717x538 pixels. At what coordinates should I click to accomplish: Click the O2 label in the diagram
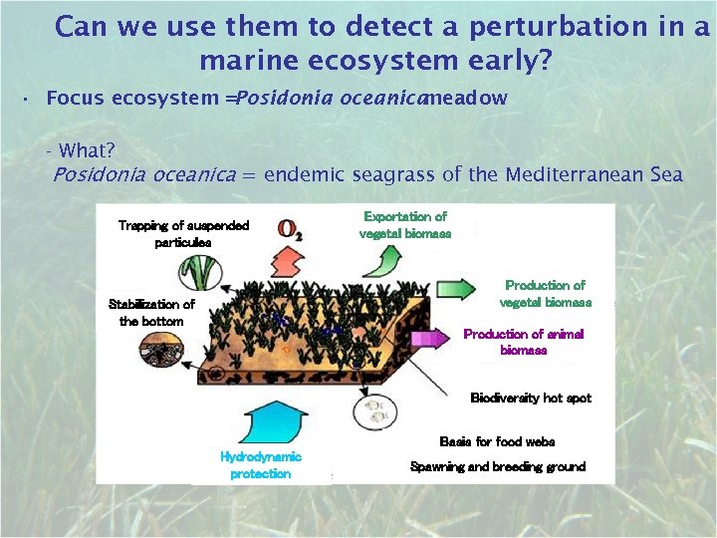point(291,231)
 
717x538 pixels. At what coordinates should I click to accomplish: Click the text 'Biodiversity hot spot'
point(531,399)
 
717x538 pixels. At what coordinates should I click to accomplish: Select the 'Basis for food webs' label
point(497,441)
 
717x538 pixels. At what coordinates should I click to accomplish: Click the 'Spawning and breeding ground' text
point(498,466)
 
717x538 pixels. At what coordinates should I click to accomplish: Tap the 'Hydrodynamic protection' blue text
point(261,465)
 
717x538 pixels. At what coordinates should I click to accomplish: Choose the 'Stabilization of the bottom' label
point(151,313)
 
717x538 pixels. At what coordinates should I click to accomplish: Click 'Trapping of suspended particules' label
point(183,234)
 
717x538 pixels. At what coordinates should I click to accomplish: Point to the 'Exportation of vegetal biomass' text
point(405,224)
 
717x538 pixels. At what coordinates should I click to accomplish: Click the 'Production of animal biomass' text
point(524,342)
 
